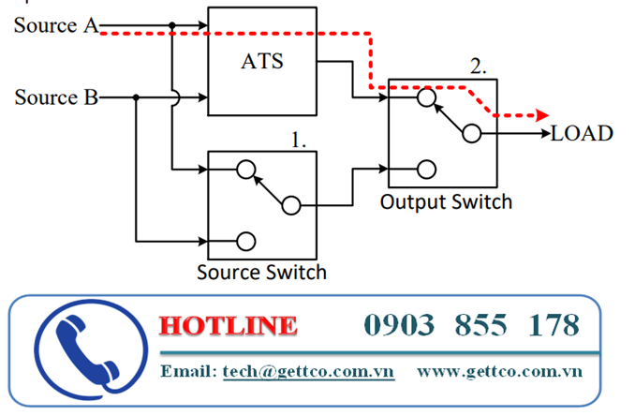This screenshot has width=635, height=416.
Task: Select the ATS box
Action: click(x=262, y=63)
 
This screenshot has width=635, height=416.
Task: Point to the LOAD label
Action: click(x=582, y=133)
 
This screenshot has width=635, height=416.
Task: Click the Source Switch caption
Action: click(x=262, y=273)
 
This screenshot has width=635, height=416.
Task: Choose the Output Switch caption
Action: click(x=447, y=201)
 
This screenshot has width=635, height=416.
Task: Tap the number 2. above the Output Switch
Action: click(x=479, y=67)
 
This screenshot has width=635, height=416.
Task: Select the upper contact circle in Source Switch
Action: click(x=245, y=170)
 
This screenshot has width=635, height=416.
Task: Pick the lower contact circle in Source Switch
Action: click(x=245, y=241)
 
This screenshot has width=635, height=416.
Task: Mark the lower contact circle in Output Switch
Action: click(x=426, y=170)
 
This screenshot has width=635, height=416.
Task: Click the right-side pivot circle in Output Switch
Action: click(x=471, y=133)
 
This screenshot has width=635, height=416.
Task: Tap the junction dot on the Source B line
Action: click(x=137, y=97)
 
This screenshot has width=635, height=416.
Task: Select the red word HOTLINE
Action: click(x=229, y=326)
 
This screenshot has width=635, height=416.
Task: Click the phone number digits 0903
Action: click(x=400, y=326)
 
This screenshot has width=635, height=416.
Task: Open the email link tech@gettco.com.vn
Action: click(x=308, y=371)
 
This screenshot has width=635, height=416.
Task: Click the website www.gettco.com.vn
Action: click(x=499, y=371)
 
